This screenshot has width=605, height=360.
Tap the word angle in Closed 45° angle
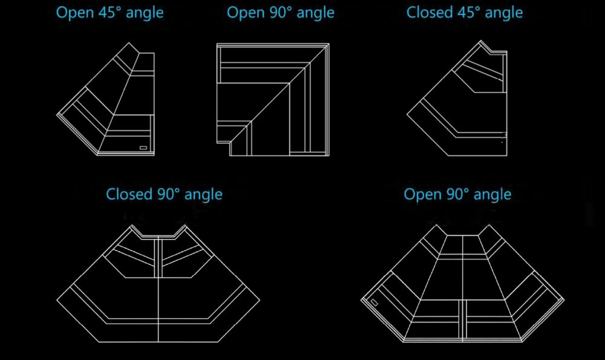click(x=505, y=13)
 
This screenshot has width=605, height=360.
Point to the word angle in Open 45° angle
click(x=144, y=13)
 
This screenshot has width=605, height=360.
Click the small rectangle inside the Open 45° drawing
click(x=143, y=146)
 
